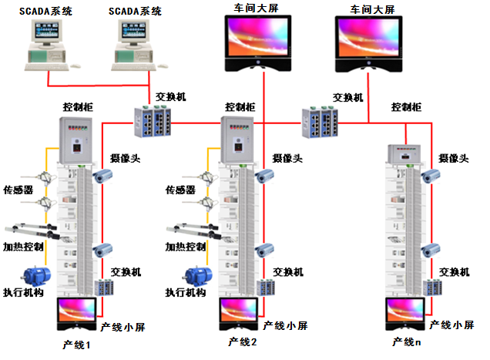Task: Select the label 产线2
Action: tap(242, 341)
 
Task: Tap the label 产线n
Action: tap(406, 341)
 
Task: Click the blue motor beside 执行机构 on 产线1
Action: tap(36, 277)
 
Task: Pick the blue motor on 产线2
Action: tap(198, 277)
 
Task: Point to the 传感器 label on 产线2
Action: tap(181, 189)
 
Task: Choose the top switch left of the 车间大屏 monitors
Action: tap(153, 119)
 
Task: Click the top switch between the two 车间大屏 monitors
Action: tap(321, 120)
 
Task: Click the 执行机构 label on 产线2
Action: tap(185, 293)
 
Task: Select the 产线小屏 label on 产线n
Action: tap(451, 325)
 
